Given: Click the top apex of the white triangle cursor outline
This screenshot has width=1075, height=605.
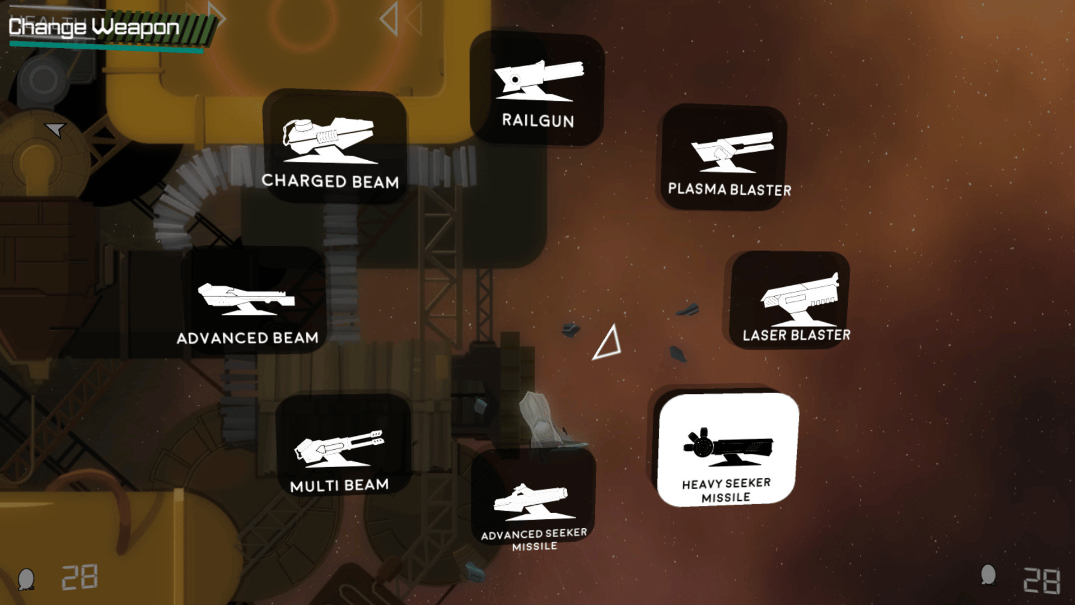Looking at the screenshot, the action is (614, 324).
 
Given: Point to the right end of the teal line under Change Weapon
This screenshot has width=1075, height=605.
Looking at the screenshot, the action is (203, 51).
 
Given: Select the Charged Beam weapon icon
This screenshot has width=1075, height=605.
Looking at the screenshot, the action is (328, 140).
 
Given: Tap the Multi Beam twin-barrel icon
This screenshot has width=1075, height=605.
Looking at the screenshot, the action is (339, 448).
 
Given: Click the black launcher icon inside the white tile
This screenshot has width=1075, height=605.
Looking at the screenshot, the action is (728, 447).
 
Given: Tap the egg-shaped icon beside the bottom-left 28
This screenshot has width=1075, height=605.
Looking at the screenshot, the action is (26, 579).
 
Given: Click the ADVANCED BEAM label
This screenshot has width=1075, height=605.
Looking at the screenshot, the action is (247, 338).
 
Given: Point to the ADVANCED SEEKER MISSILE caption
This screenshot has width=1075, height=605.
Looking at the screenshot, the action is (534, 539).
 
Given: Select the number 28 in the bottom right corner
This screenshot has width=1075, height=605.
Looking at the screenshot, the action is (1041, 580).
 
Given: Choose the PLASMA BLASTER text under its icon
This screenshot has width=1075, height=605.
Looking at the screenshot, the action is (730, 189).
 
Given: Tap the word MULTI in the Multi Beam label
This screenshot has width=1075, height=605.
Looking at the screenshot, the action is (312, 486).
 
